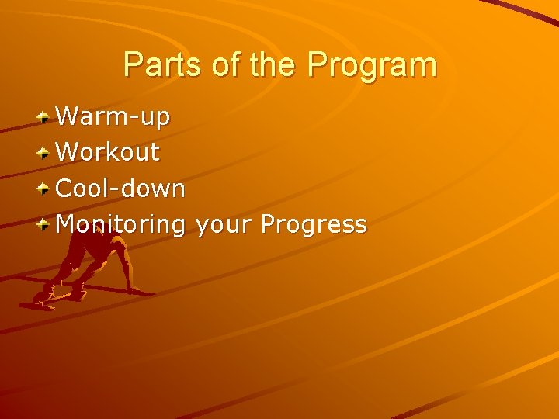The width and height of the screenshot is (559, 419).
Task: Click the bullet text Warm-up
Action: point(113,117)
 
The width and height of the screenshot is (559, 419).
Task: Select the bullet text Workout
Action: point(108,152)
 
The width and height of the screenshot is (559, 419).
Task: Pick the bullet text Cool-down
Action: point(121,188)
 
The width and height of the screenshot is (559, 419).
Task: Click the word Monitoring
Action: point(121,225)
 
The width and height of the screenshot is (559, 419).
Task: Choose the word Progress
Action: point(314,225)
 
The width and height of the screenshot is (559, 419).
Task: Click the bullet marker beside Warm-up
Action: point(46,117)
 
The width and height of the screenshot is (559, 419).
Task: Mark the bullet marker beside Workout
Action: point(46,153)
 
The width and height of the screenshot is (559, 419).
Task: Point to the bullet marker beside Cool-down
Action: point(46,189)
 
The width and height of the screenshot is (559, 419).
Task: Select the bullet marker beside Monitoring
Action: point(46,225)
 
